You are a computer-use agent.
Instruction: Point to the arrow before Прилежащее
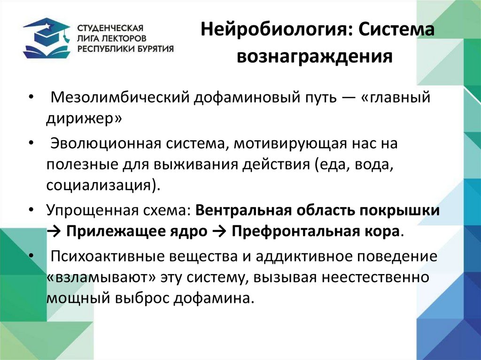pyautogui.click(x=53, y=231)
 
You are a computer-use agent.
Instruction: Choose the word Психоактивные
pyautogui.click(x=103, y=257)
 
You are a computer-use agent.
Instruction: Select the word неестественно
pyautogui.click(x=375, y=277)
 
